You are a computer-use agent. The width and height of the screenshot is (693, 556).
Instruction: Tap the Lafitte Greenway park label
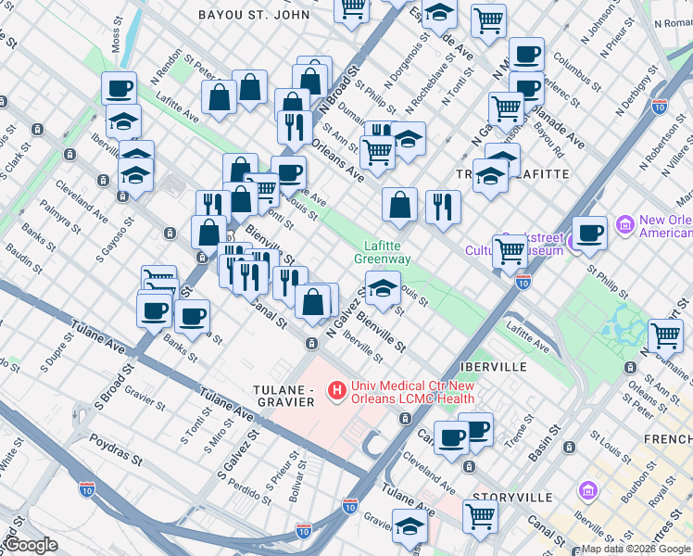click(x=381, y=252)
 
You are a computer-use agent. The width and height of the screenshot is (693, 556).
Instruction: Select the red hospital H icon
click(x=336, y=392)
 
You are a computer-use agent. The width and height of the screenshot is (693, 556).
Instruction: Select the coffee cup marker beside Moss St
click(x=119, y=89)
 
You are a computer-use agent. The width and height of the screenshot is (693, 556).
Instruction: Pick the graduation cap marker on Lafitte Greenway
click(x=383, y=289)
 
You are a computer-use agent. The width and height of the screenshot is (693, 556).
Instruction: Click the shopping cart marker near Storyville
click(x=480, y=516)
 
